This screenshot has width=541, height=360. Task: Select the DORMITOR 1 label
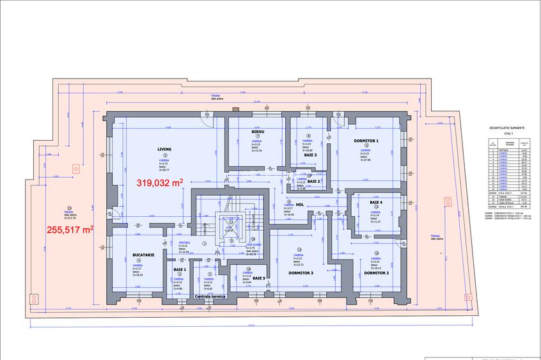pos(366,140)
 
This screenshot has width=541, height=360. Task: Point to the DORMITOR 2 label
pos(377,272)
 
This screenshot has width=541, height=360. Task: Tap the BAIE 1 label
pos(179,270)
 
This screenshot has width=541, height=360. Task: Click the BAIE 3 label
pos(310,155)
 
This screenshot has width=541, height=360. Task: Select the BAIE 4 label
pos(376,203)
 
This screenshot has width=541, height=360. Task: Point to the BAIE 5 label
pos(259,278)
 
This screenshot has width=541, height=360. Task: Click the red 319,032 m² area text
pos(160,182)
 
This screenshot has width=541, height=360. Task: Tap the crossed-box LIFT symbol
pos(228,228)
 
